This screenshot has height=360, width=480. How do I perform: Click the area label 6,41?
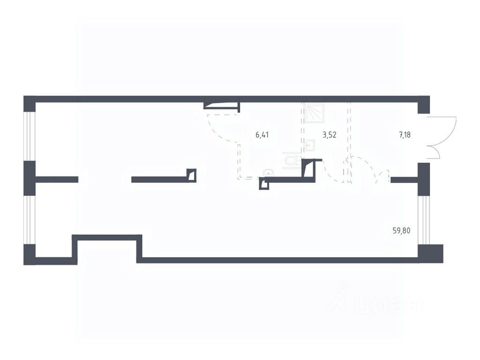(262, 135)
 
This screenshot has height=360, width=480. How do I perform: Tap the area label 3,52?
(330, 135)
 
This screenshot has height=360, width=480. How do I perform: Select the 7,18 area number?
(405, 135)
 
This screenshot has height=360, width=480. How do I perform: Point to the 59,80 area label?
(401, 230)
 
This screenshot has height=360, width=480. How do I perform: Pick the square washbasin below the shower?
(310, 145)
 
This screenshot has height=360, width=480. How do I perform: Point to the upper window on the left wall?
(30, 136)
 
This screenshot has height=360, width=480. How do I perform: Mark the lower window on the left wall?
(30, 220)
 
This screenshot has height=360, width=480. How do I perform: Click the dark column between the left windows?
(30, 179)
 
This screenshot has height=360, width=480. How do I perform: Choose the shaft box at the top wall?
(222, 105)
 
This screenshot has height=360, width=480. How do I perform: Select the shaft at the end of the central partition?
(192, 175)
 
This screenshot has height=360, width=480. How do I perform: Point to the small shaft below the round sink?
(264, 184)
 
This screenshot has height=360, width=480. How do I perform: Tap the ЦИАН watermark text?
(375, 301)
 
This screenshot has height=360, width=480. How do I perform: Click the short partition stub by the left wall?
(57, 180)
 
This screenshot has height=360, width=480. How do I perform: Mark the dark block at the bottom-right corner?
(431, 254)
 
